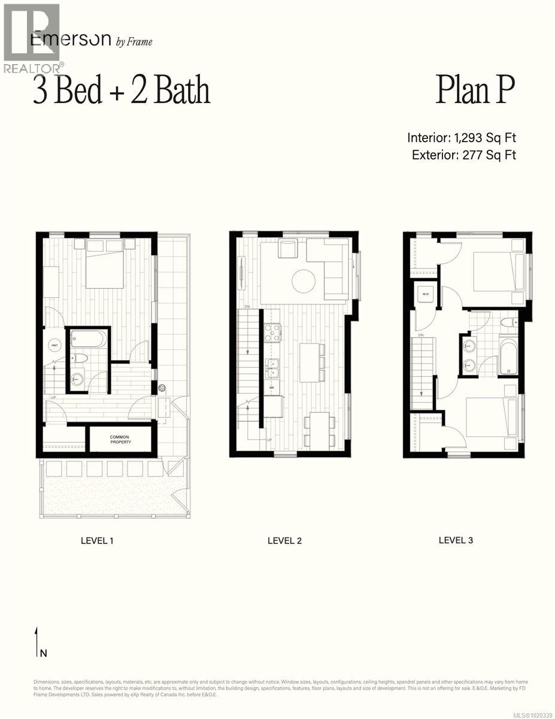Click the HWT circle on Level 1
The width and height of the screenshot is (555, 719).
pyautogui.click(x=54, y=346)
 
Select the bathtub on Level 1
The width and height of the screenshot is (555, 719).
pyautogui.click(x=89, y=340)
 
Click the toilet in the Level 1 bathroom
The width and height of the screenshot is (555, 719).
pyautogui.click(x=80, y=358)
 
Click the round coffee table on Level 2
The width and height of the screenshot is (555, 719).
pyautogui.click(x=304, y=280)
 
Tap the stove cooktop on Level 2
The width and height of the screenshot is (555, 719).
pyautogui.click(x=272, y=333)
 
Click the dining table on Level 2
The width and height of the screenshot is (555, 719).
pyautogui.click(x=319, y=429)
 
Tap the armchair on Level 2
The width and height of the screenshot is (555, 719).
pyautogui.click(x=289, y=248)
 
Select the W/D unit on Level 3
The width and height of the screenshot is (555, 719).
pyautogui.click(x=426, y=294)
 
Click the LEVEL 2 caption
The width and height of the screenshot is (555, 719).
pyautogui.click(x=284, y=540)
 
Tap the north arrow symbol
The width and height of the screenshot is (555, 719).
pyautogui.click(x=37, y=642)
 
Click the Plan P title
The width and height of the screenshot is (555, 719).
pyautogui.click(x=475, y=90)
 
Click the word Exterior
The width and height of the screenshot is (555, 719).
pyautogui.click(x=435, y=155)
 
